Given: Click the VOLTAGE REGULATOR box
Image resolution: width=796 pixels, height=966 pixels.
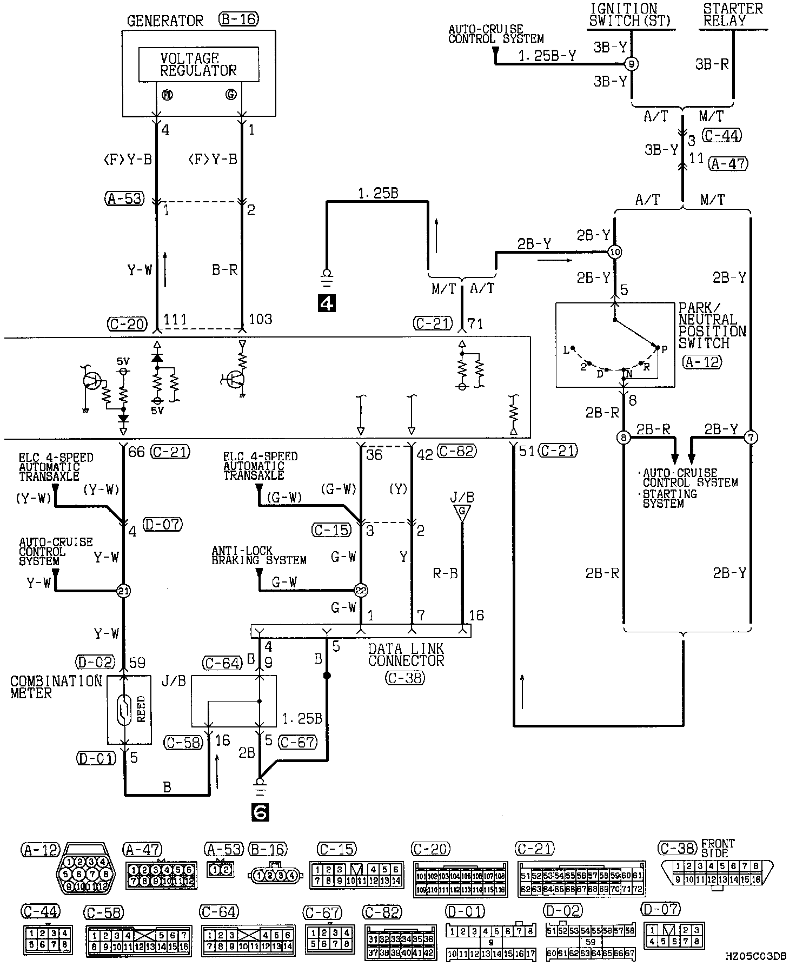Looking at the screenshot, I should (x=198, y=64).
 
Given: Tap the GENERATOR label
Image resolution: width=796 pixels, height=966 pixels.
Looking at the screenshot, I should (x=165, y=21).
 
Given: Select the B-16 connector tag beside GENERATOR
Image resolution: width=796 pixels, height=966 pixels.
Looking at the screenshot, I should (x=238, y=21).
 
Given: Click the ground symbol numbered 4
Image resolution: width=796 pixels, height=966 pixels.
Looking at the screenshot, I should (x=327, y=303).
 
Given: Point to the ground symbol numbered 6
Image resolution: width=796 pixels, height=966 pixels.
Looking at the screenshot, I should (x=260, y=812).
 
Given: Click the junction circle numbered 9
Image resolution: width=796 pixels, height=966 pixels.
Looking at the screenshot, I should (x=631, y=64).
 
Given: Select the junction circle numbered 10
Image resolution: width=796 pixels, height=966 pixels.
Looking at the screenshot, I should (x=615, y=252).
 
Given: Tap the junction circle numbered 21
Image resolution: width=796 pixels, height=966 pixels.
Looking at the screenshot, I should (x=124, y=591).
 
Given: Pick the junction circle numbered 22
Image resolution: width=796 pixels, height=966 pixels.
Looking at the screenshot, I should (x=361, y=591).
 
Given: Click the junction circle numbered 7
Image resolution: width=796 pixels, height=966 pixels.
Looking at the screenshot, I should (x=751, y=437).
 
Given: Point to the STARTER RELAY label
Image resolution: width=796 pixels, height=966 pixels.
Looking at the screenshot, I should (x=733, y=15).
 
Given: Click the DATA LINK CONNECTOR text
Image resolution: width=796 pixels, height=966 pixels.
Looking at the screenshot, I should (x=406, y=654).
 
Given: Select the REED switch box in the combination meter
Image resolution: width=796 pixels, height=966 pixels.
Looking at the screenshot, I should (x=129, y=709).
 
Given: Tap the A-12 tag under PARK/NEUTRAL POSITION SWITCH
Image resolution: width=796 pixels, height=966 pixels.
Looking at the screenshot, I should (x=702, y=362).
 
